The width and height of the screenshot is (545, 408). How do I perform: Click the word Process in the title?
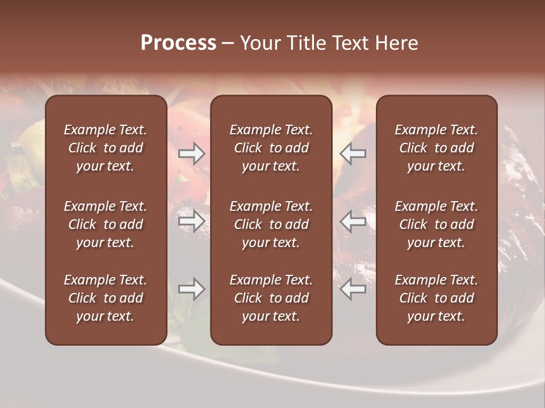(178, 43)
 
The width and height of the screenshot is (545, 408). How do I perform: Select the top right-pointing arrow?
(192, 154)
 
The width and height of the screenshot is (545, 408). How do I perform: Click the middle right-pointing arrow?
(192, 221)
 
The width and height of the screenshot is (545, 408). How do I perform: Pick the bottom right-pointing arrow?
(192, 289)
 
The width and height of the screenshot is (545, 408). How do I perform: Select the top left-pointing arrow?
(353, 154)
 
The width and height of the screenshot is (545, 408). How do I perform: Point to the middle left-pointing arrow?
(353, 221)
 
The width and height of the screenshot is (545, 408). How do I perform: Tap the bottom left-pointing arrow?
(353, 289)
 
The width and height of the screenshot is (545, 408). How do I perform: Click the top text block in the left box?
(106, 148)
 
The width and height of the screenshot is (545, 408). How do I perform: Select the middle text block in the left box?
(106, 224)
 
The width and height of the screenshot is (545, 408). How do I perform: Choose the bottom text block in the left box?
(106, 298)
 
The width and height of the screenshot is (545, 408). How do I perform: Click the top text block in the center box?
(271, 148)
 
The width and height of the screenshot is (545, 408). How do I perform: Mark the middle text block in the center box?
(271, 224)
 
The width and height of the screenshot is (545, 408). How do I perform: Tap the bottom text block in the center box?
(271, 298)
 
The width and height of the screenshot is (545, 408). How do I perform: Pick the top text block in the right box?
(437, 148)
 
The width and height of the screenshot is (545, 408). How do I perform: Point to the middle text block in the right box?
(437, 224)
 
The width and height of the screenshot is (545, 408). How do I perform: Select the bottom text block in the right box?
(437, 298)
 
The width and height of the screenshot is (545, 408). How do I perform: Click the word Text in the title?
(349, 43)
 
